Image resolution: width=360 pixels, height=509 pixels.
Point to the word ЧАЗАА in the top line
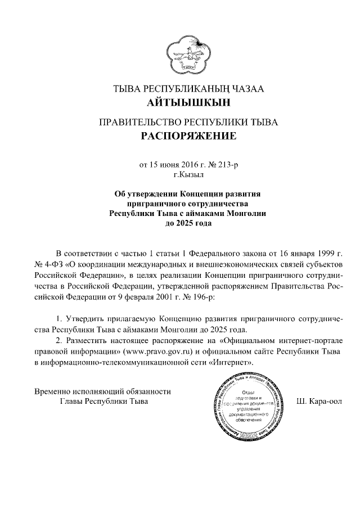[x=247, y=89]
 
